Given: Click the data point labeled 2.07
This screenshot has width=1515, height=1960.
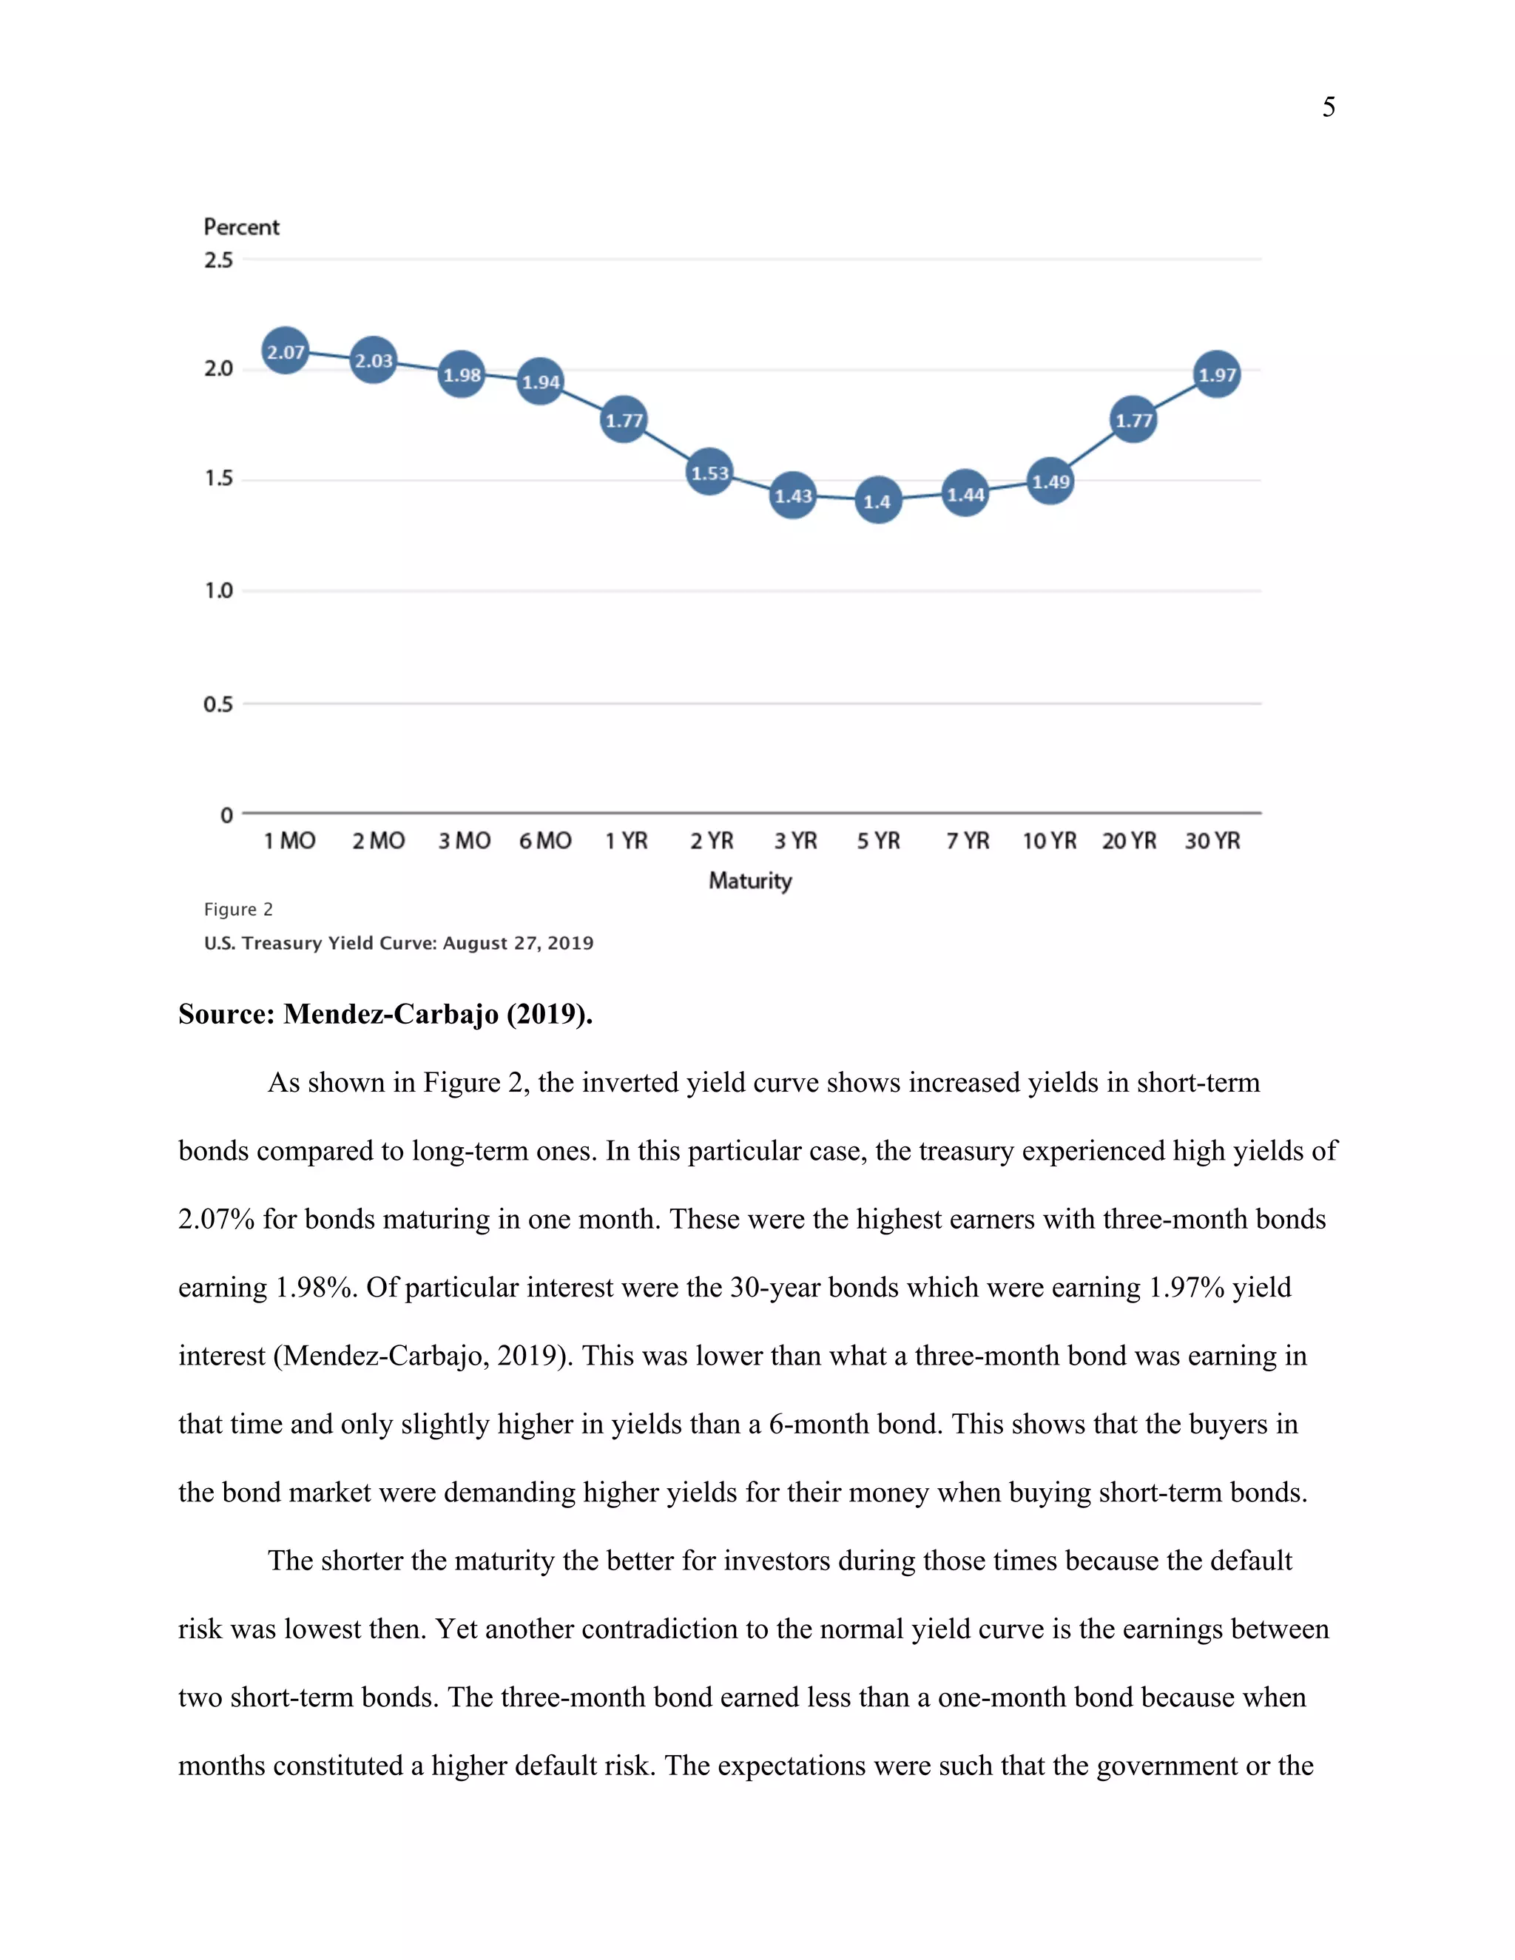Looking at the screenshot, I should click(286, 351).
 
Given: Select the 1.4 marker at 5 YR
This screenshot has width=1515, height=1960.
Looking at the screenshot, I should click(877, 500).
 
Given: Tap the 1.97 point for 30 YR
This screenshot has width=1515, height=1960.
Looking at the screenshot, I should click(1216, 374).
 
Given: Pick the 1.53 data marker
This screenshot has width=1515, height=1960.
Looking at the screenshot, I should click(709, 472).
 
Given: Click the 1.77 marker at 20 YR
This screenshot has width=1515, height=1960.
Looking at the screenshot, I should click(1133, 419).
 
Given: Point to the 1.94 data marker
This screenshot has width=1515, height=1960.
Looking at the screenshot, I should click(540, 380).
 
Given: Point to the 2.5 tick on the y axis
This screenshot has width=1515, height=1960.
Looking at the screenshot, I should click(218, 260).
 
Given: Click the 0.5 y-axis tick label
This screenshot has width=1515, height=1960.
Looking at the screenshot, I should click(218, 703).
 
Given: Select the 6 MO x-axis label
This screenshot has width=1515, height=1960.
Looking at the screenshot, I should click(544, 841).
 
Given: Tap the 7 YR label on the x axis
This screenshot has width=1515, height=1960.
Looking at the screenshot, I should click(967, 841).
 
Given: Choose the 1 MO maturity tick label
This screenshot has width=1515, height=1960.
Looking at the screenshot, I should click(289, 841).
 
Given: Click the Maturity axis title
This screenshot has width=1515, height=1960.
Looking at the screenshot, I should click(750, 880).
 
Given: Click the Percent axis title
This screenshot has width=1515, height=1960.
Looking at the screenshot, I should click(241, 227).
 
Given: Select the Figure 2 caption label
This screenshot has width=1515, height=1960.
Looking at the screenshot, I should click(238, 909).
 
